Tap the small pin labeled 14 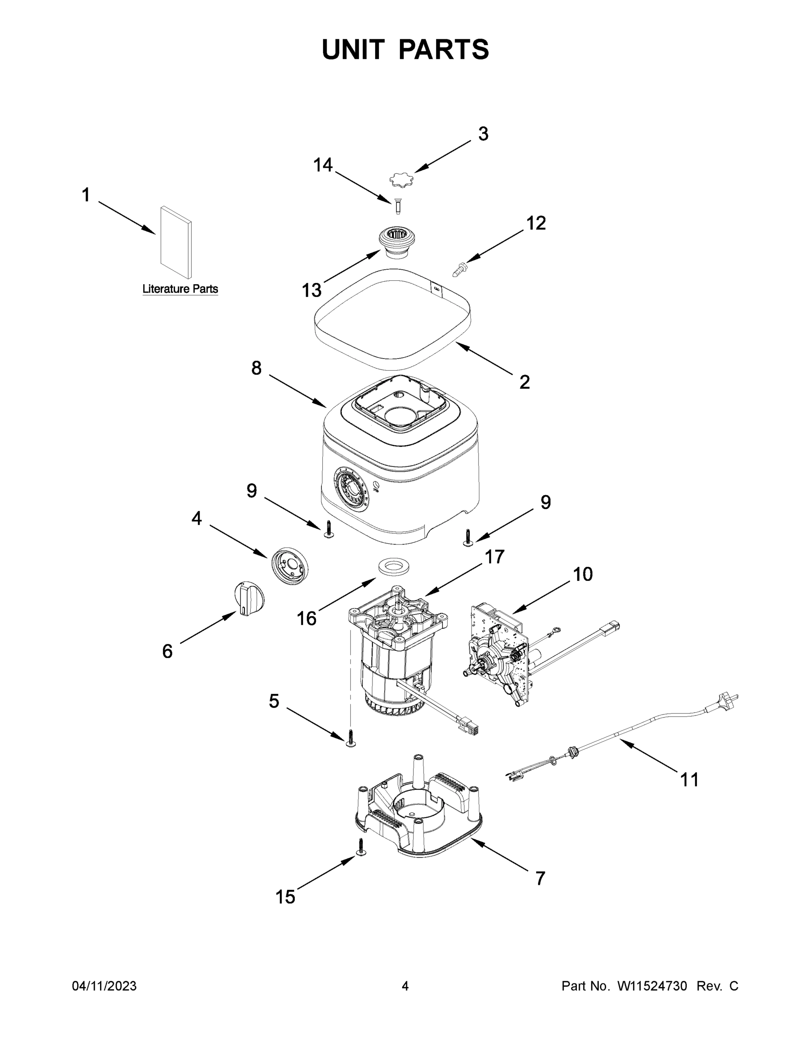point(397,207)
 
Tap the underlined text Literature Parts point(180,290)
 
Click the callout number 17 point(494,557)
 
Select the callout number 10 point(583,574)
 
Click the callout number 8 point(256,369)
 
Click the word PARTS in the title point(444,49)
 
